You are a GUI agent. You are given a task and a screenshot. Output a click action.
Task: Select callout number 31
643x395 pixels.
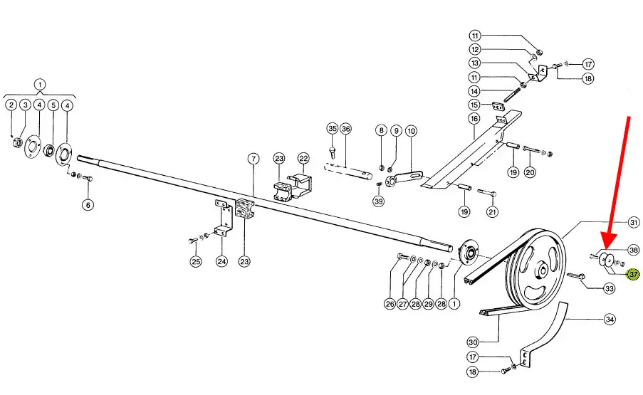pos(634,223)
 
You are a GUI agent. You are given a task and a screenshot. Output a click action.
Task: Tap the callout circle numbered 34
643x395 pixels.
pos(609,320)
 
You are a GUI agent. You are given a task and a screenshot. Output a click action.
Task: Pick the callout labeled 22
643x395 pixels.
pos(303,157)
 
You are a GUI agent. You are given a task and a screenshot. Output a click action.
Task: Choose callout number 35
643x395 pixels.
pos(332,129)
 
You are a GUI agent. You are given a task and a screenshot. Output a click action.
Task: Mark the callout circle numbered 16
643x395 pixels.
pos(474,118)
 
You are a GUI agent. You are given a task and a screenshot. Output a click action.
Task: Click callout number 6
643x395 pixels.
pos(88,205)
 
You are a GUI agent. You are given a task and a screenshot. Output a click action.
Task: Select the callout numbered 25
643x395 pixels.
pos(196,262)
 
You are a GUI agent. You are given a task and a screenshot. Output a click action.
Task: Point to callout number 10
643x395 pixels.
pos(411,131)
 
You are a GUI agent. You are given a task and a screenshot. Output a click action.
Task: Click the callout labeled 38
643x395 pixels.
pos(634,250)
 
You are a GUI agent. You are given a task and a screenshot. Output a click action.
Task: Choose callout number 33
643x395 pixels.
pos(609,288)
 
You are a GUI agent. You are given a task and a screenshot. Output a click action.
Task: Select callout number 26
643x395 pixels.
pos(390,304)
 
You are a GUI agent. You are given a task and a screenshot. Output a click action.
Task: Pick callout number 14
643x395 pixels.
pos(474,91)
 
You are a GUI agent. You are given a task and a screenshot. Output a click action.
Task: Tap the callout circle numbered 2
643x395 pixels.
pos(11,105)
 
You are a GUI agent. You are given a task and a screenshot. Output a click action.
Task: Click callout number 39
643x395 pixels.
pos(378,201)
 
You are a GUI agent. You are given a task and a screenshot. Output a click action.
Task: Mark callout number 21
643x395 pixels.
pos(493,211)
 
